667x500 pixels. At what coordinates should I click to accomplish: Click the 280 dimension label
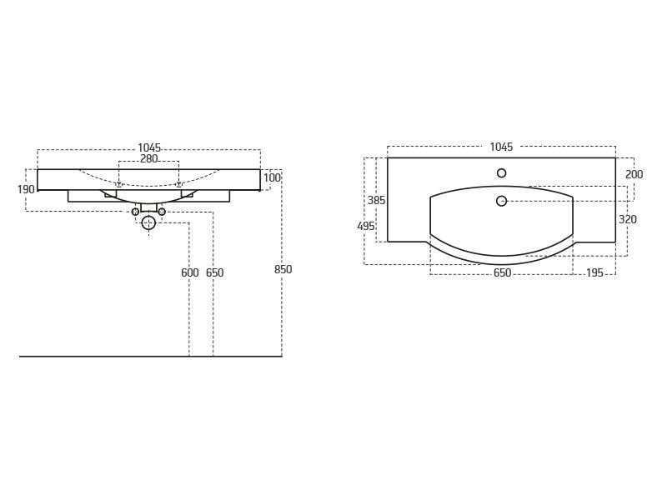[x=149, y=158]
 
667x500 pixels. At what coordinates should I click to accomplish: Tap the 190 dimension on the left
[x=26, y=189]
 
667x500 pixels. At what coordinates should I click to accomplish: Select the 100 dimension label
[x=272, y=177]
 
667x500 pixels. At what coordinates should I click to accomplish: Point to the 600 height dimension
[x=190, y=272]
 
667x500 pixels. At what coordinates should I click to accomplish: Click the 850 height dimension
[x=283, y=269]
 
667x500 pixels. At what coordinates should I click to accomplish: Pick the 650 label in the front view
[x=214, y=272]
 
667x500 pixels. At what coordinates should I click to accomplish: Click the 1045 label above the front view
[x=149, y=147]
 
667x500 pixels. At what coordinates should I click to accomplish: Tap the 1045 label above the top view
[x=502, y=147]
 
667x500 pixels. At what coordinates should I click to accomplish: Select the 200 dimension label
[x=634, y=174]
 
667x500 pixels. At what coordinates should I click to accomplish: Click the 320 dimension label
[x=628, y=219]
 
